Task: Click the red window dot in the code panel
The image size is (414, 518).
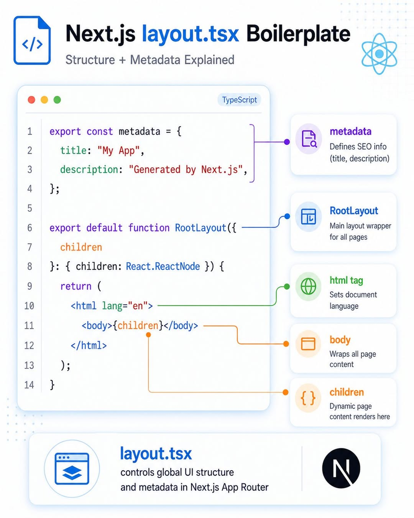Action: click(31, 100)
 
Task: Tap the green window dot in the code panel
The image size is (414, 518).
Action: click(57, 100)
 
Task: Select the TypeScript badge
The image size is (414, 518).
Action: click(239, 100)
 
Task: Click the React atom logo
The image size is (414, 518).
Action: click(379, 54)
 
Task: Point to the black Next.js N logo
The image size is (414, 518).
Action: click(341, 468)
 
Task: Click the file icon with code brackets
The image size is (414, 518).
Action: click(32, 40)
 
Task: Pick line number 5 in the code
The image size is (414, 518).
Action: click(30, 208)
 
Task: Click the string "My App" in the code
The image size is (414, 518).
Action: click(118, 151)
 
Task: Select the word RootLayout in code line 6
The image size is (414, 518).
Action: click(200, 228)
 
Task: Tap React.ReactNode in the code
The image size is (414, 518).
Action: click(163, 266)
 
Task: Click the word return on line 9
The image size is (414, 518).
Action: click(76, 286)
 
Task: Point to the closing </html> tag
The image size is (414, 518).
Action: click(89, 346)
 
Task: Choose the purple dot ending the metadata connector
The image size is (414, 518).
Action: click(287, 142)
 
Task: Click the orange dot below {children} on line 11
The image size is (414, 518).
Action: click(148, 335)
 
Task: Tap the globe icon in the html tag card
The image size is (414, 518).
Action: click(309, 287)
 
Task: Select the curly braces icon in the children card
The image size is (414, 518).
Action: click(308, 398)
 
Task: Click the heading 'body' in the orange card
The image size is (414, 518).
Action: click(340, 340)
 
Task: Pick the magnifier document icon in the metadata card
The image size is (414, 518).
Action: click(309, 139)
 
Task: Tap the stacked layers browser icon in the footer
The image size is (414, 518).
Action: click(72, 469)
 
